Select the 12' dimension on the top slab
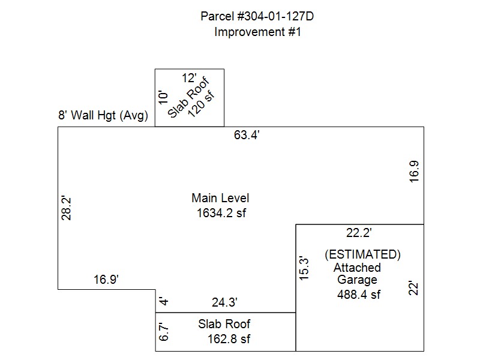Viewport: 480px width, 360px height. (190, 77)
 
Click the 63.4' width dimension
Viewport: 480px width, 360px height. (247, 135)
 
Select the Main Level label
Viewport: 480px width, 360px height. (220, 198)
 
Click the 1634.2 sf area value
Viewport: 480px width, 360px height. (221, 212)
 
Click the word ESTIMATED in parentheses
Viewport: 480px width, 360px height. (362, 254)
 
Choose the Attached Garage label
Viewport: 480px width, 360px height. (357, 274)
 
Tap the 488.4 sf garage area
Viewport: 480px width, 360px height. (359, 294)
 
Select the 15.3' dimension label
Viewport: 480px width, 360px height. (304, 268)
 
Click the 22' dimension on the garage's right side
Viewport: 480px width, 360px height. (413, 288)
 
